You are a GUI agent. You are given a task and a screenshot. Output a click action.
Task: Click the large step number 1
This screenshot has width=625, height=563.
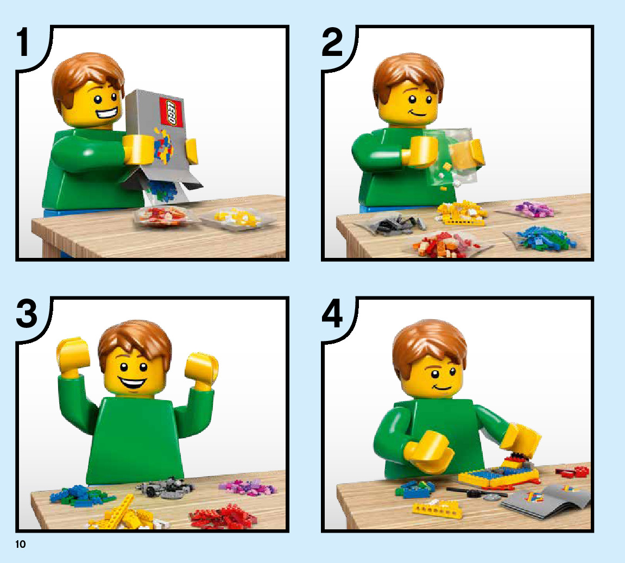tap(23, 42)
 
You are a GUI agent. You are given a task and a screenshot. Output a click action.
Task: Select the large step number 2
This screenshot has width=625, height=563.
tap(332, 42)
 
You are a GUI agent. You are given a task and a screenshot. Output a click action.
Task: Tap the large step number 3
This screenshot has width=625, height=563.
tap(26, 313)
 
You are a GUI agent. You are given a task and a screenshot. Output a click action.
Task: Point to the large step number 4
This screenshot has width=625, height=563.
tap(332, 313)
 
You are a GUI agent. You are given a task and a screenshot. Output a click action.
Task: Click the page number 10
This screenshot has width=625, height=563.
tap(20, 545)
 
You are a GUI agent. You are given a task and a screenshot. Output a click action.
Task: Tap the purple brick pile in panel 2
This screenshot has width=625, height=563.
tap(534, 209)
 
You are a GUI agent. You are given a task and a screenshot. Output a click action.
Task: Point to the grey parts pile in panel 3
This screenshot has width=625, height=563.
tap(166, 487)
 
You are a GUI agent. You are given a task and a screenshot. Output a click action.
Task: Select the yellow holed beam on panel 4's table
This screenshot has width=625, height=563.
tap(437, 510)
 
